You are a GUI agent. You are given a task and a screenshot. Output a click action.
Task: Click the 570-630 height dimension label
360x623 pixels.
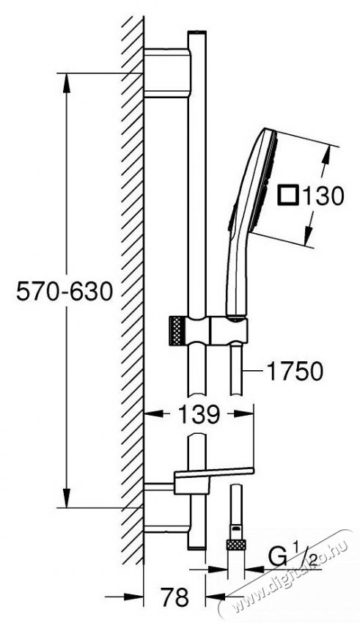tap(65, 292)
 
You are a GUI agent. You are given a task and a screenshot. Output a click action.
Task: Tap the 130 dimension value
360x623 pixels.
tap(323, 196)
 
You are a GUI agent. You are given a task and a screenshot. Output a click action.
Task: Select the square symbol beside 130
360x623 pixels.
tap(287, 196)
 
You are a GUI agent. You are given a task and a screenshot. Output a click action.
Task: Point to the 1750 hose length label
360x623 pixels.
tap(295, 372)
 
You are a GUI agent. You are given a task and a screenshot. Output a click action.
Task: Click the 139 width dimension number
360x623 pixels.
tap(198, 413)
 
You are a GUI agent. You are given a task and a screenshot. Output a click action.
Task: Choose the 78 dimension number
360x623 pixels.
tap(175, 596)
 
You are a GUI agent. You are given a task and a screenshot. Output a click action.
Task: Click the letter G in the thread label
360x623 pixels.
tap(277, 558)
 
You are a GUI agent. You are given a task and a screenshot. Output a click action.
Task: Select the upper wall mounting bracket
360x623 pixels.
tap(167, 73)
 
